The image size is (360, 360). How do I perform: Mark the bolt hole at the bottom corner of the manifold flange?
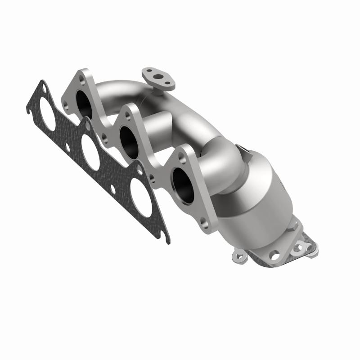point(203,222)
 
